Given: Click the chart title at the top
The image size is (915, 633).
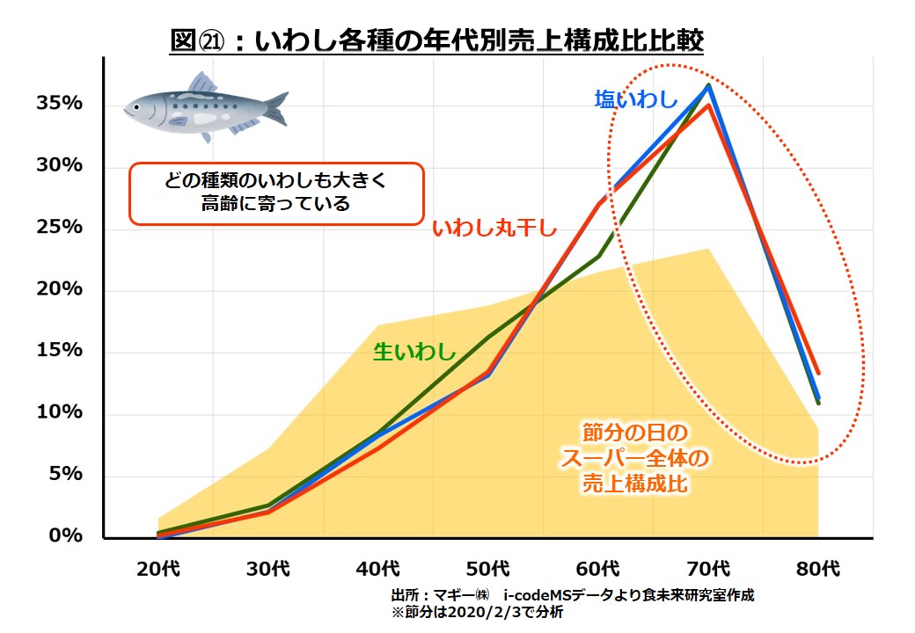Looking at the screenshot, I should pyautogui.click(x=437, y=40).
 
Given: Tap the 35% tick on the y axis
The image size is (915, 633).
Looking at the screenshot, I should pyautogui.click(x=59, y=104).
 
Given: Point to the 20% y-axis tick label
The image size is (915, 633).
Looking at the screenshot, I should pyautogui.click(x=59, y=289).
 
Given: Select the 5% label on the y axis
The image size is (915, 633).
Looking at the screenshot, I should pyautogui.click(x=64, y=474).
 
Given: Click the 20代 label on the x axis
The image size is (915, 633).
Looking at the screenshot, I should pyautogui.click(x=159, y=569).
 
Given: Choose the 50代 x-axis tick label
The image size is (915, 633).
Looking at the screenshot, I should pyautogui.click(x=489, y=569).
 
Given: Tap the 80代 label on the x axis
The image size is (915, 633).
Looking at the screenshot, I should pyautogui.click(x=818, y=569).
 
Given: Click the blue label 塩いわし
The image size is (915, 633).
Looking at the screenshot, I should pyautogui.click(x=636, y=99).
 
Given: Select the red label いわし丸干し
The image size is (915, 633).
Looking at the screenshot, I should pyautogui.click(x=494, y=229).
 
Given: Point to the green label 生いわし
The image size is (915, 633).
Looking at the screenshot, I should pyautogui.click(x=414, y=352).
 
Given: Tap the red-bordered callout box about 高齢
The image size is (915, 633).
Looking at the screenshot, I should pyautogui.click(x=276, y=193).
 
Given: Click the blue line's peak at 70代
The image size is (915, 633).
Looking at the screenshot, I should pyautogui.click(x=708, y=85).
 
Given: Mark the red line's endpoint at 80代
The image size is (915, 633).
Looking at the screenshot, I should pyautogui.click(x=818, y=373).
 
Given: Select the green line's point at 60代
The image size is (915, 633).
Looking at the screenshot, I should pyautogui.click(x=599, y=257).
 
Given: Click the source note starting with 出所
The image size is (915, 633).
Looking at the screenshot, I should pyautogui.click(x=573, y=595).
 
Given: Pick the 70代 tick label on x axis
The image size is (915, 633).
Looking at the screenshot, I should pyautogui.click(x=708, y=569).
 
